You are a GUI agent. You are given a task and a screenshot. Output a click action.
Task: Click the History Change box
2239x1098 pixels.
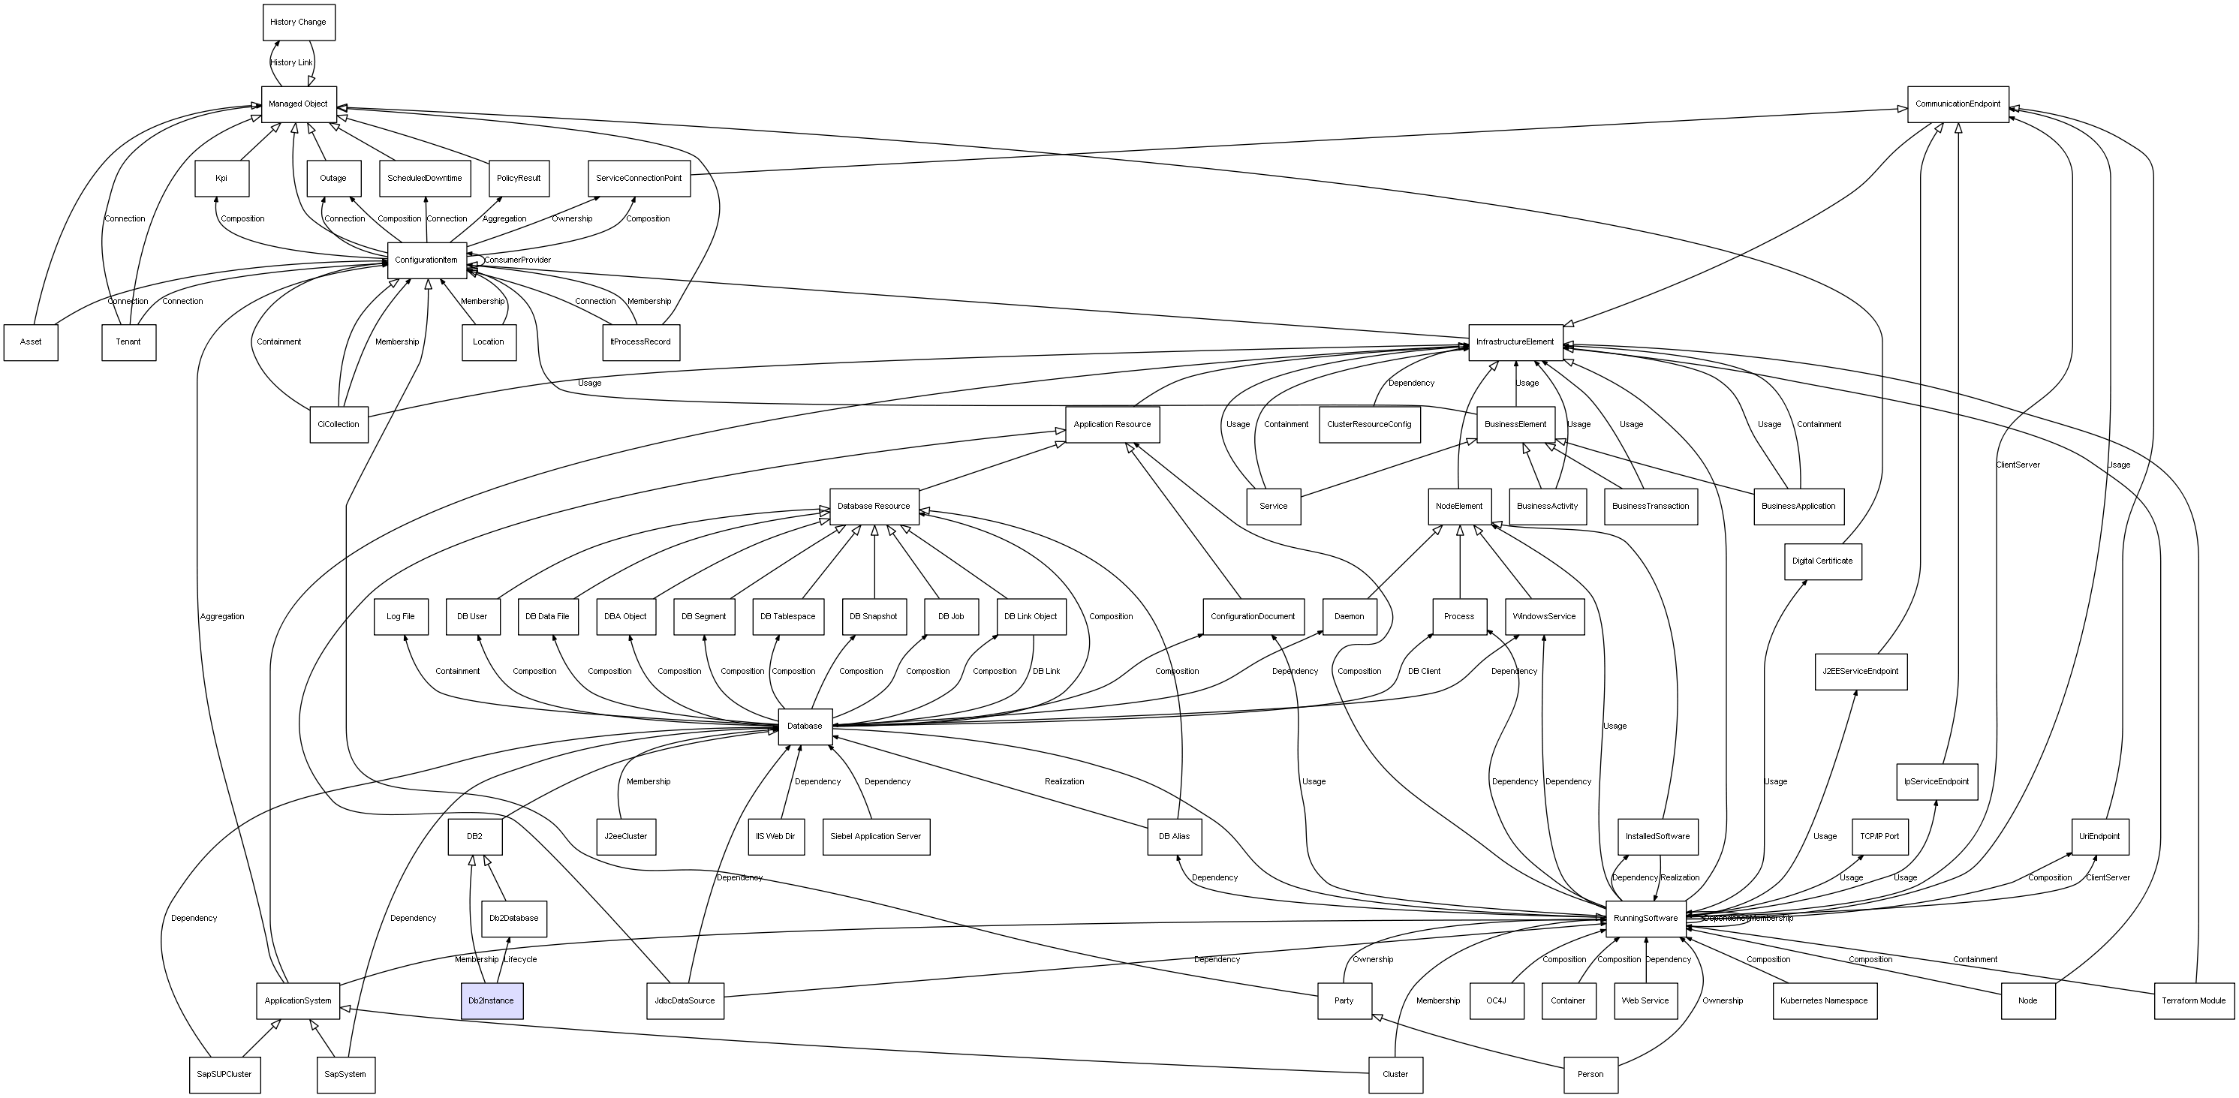click(298, 23)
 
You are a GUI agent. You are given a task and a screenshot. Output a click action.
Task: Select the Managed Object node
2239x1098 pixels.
click(298, 104)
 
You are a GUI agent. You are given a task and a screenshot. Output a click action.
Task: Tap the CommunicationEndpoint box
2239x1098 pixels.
click(1958, 104)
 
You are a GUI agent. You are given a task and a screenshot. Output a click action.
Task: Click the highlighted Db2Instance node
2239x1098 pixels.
click(491, 1000)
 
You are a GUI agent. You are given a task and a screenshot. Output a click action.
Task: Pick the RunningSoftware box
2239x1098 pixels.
click(1645, 919)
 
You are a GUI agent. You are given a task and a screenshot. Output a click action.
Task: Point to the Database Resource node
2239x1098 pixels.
click(874, 506)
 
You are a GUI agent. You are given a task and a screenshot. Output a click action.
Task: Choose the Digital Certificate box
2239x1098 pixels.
click(1822, 561)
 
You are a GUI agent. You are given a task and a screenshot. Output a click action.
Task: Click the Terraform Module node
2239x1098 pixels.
click(2193, 1000)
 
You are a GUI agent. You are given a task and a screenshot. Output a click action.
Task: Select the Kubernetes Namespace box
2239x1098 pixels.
click(1823, 1000)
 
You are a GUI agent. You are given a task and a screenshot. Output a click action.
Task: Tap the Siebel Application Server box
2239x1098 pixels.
click(875, 836)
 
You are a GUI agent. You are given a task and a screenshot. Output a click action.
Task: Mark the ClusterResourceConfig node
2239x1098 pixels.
click(1369, 424)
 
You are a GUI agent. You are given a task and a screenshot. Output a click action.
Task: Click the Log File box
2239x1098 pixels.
click(401, 616)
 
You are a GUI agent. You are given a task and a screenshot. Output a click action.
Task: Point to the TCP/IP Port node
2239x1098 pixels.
click(1879, 836)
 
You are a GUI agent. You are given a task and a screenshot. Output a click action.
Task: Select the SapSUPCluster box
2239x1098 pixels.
click(224, 1075)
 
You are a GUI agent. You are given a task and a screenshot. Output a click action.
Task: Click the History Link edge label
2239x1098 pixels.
click(291, 62)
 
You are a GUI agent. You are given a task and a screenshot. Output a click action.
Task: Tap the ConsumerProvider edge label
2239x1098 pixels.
click(517, 260)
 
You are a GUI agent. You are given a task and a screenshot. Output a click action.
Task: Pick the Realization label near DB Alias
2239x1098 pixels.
click(1064, 781)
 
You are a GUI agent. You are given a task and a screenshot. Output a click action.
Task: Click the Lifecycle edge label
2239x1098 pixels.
click(521, 960)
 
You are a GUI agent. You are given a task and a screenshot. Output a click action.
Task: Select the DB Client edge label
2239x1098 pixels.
click(1424, 671)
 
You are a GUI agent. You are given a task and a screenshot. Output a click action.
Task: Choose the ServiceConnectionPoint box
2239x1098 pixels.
click(639, 178)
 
